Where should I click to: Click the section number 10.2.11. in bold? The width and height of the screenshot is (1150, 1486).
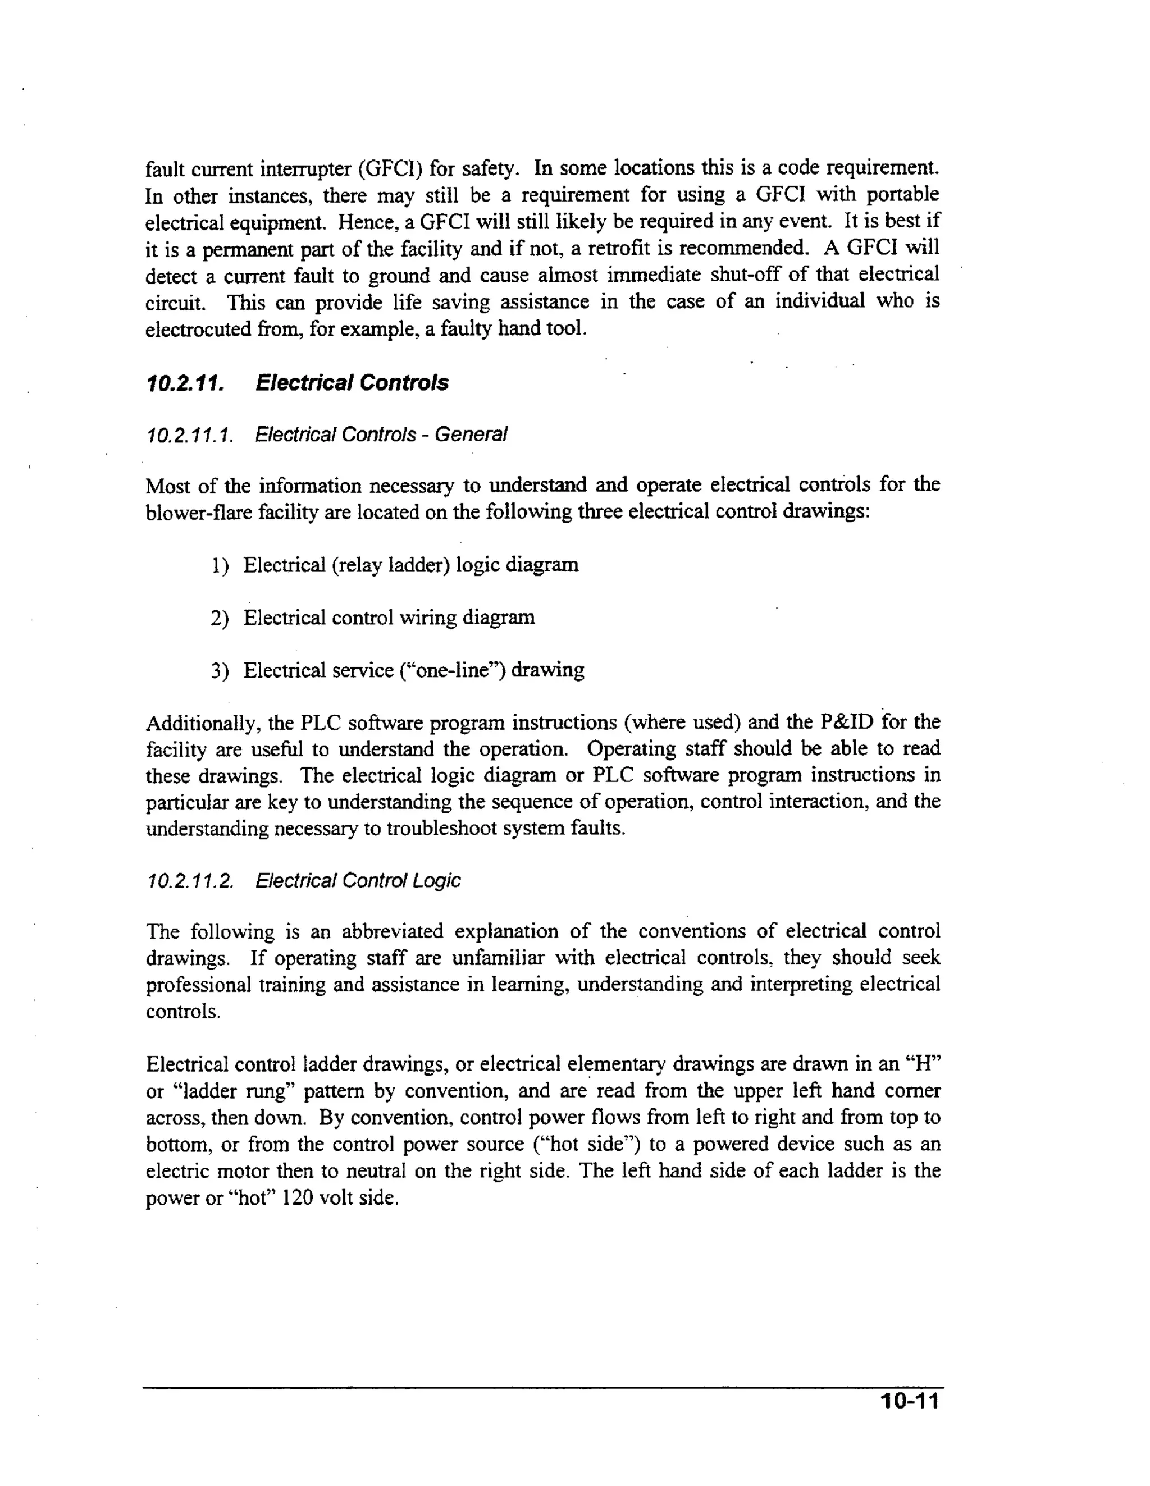(185, 383)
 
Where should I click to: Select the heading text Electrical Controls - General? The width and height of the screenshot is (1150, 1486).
(381, 434)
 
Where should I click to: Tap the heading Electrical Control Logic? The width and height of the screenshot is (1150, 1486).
(358, 880)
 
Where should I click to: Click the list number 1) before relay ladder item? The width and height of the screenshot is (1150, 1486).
(219, 565)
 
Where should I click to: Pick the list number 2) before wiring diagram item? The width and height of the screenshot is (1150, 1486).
(219, 618)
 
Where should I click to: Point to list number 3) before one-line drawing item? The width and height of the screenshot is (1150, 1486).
(219, 671)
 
